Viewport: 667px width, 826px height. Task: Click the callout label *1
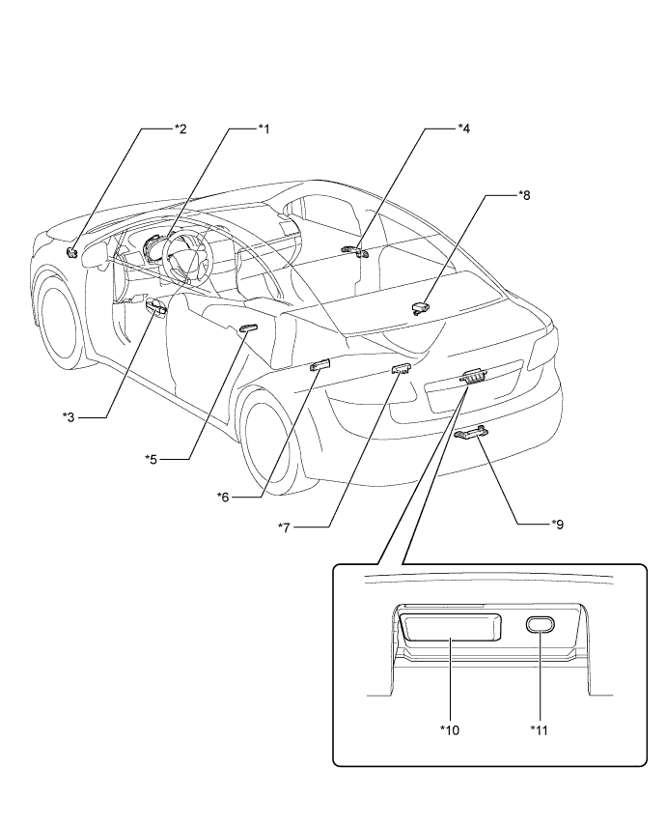263,128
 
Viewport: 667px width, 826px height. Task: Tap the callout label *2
180,128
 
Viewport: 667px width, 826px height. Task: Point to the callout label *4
463,128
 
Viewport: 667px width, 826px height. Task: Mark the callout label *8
524,195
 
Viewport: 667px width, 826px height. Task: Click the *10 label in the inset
448,729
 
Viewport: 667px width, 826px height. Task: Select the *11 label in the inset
540,729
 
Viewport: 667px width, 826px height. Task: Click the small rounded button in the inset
541,626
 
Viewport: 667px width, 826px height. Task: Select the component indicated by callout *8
420,307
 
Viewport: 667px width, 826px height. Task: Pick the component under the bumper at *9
469,433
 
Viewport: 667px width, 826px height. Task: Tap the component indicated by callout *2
73,254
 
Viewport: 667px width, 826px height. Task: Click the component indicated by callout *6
320,365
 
